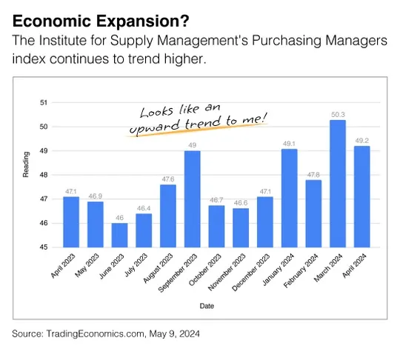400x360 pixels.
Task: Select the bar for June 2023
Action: click(119, 235)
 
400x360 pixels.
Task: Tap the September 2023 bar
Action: click(192, 199)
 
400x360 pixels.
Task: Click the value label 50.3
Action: click(338, 114)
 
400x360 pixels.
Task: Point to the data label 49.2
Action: click(362, 140)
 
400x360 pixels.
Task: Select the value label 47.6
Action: click(167, 179)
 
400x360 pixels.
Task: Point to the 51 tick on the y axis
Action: click(43, 102)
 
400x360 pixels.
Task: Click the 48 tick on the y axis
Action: click(43, 175)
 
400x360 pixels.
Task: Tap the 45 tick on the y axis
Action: click(43, 247)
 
